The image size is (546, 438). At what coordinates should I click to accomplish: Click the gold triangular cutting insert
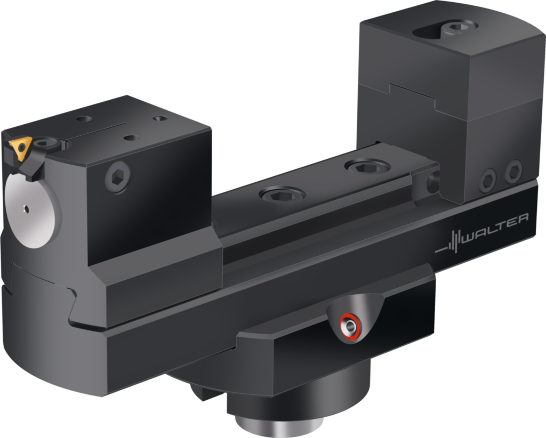click(19, 149)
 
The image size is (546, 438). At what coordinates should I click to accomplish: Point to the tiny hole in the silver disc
click(25, 209)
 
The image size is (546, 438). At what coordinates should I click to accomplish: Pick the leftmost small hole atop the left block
click(84, 119)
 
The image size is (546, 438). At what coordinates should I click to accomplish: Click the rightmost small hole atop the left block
click(160, 119)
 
